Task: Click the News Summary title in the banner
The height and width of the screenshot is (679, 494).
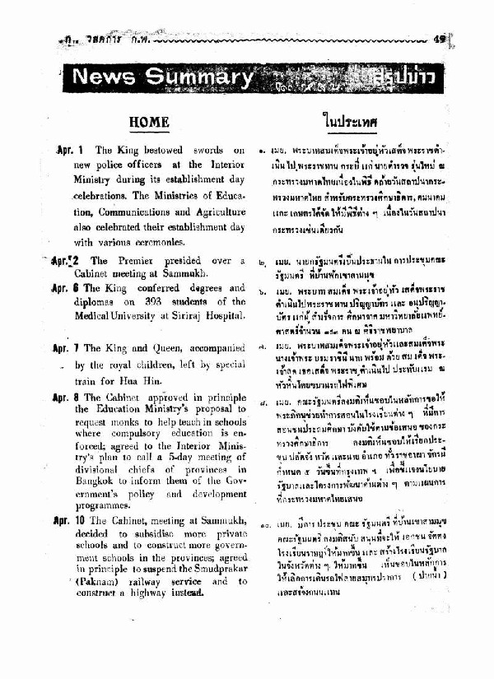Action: pos(162,77)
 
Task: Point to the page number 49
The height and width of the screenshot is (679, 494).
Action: pos(439,38)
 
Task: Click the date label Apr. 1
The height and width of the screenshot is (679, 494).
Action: pos(71,151)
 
